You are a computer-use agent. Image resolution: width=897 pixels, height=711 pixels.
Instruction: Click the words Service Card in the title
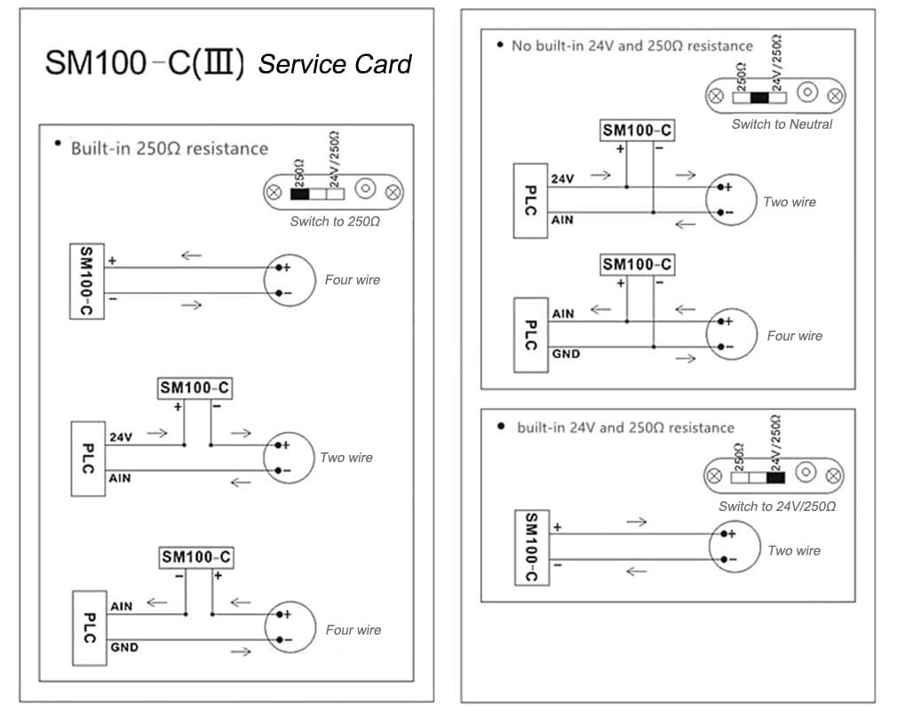click(335, 64)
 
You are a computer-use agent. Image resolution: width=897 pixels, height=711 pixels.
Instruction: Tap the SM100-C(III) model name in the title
click(145, 64)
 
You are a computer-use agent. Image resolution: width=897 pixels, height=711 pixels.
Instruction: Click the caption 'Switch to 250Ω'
click(335, 221)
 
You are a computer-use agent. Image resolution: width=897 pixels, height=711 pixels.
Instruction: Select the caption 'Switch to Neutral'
click(782, 124)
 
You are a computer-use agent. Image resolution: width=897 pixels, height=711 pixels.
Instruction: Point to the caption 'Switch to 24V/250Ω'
click(777, 507)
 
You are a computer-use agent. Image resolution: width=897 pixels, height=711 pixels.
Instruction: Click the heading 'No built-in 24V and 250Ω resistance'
click(631, 45)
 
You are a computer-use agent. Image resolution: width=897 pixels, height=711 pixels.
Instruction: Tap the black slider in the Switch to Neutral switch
click(758, 99)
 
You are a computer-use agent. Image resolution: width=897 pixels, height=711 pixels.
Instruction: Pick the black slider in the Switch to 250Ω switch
click(299, 194)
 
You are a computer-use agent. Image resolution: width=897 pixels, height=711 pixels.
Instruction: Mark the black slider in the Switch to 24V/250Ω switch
click(775, 477)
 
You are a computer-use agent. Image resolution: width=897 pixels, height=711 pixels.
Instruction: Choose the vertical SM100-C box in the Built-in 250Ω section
click(86, 281)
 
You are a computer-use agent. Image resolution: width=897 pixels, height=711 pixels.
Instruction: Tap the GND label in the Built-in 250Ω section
click(124, 648)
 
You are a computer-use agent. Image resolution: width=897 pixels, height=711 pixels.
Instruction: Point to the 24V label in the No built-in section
click(563, 179)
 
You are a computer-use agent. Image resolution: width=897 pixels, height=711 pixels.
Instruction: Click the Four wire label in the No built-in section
click(794, 336)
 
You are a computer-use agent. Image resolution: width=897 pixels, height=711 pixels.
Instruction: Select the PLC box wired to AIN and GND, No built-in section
click(529, 335)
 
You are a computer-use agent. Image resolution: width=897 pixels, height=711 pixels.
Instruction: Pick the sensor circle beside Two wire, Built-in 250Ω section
click(289, 458)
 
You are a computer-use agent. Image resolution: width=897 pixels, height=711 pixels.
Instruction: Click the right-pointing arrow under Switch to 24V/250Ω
click(636, 522)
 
